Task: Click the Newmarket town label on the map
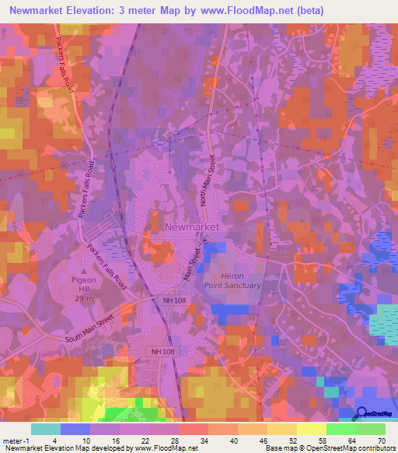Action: click(x=192, y=226)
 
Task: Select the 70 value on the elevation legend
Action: click(x=380, y=440)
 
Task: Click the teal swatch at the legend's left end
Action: click(x=46, y=429)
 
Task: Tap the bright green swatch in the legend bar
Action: click(x=341, y=429)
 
